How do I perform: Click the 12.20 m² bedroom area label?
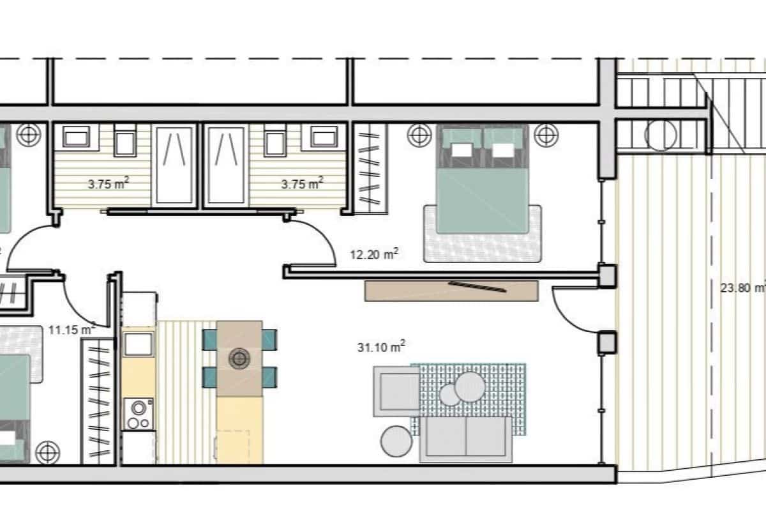point(374,254)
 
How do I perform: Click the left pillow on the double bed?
point(462,149)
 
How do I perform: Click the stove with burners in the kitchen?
point(139,414)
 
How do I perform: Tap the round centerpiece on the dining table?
point(239,358)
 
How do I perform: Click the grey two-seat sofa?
point(465,439)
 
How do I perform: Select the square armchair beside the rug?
point(396,391)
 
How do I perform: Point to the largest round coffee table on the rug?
point(470,386)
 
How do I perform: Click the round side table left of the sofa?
point(397,441)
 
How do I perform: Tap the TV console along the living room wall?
point(451,291)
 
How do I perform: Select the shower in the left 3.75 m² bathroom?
point(174,165)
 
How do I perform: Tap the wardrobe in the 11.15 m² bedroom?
point(97,400)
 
